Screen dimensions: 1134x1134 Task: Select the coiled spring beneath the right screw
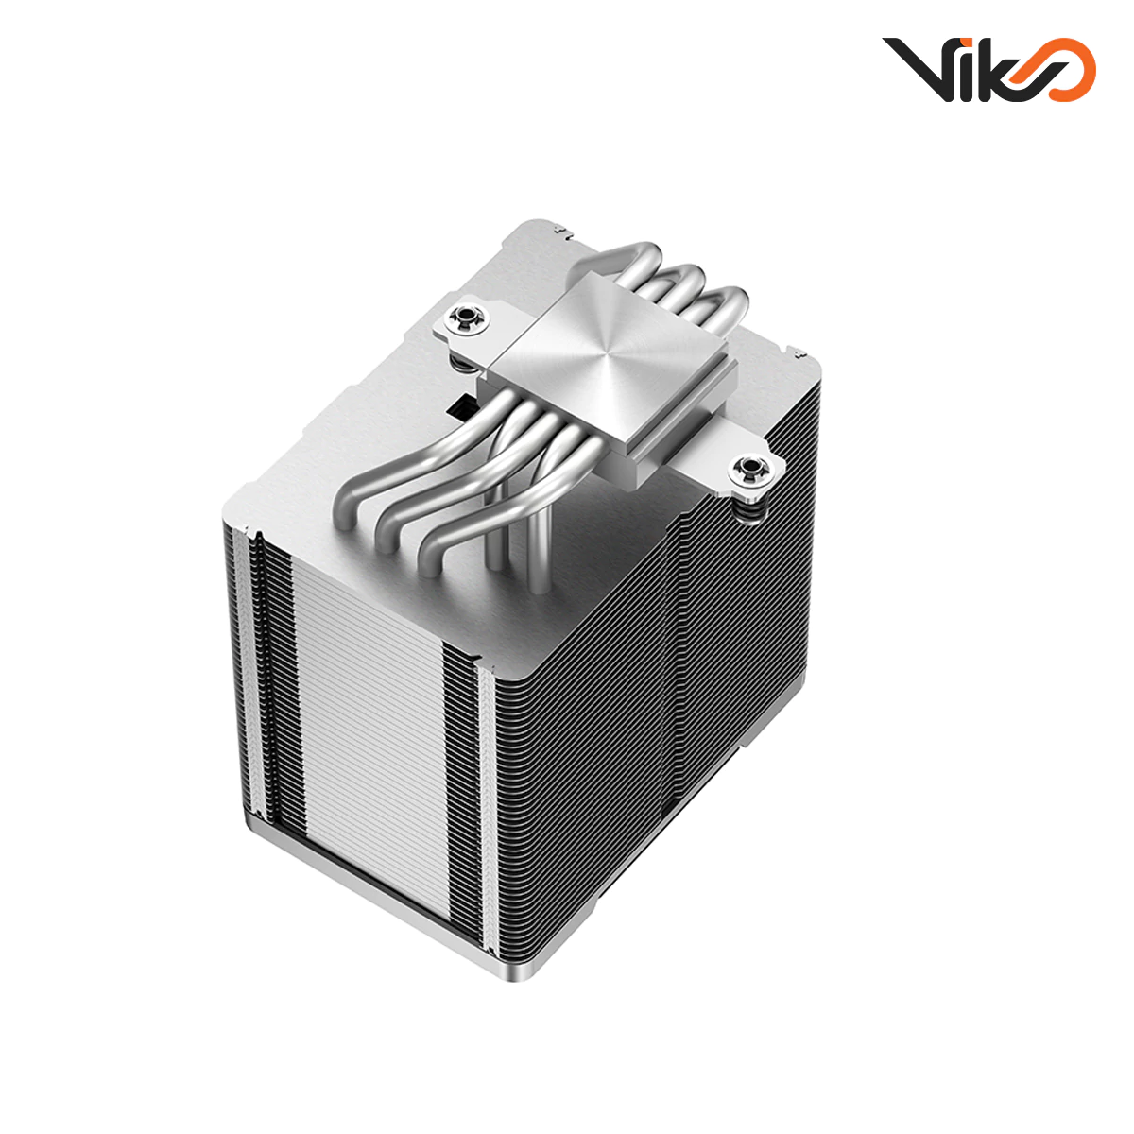[x=749, y=506]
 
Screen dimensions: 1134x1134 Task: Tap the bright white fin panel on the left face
[x=369, y=718]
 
